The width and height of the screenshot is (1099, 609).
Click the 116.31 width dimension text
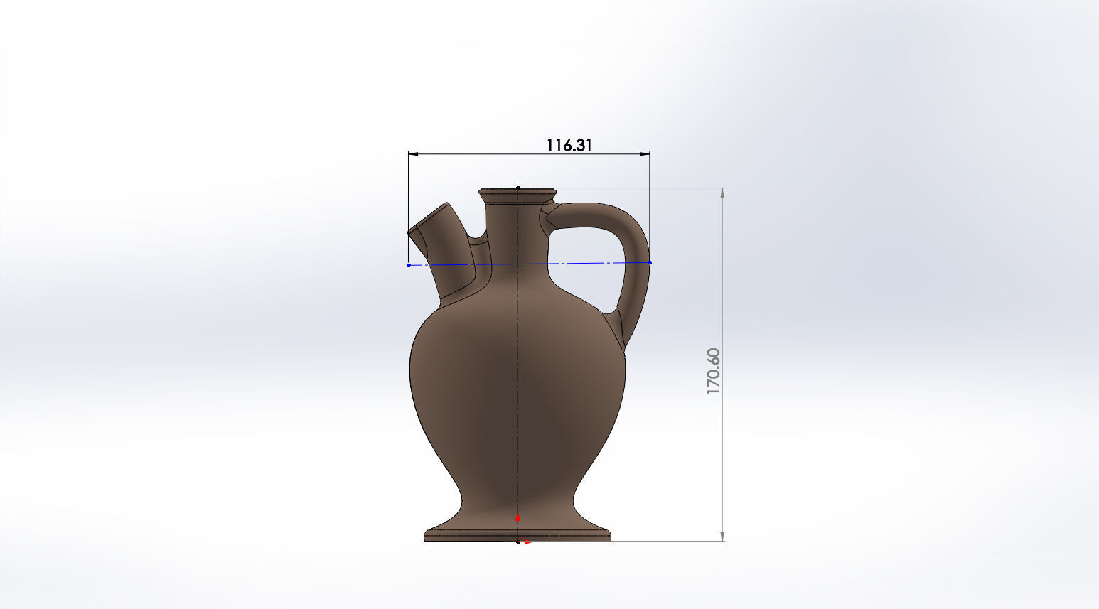pos(569,145)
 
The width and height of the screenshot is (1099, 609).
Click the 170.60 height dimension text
pos(714,371)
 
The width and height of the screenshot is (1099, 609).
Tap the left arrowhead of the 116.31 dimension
pos(413,153)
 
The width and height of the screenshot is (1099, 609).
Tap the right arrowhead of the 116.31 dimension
pos(645,153)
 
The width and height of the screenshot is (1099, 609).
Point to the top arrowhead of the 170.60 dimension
pos(723,193)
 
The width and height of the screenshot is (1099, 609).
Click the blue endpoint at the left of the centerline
pos(408,265)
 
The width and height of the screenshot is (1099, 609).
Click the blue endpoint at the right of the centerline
pos(650,262)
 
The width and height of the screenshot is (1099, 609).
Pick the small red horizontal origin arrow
pos(527,542)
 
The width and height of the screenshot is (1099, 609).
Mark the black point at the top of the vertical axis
pos(518,188)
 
